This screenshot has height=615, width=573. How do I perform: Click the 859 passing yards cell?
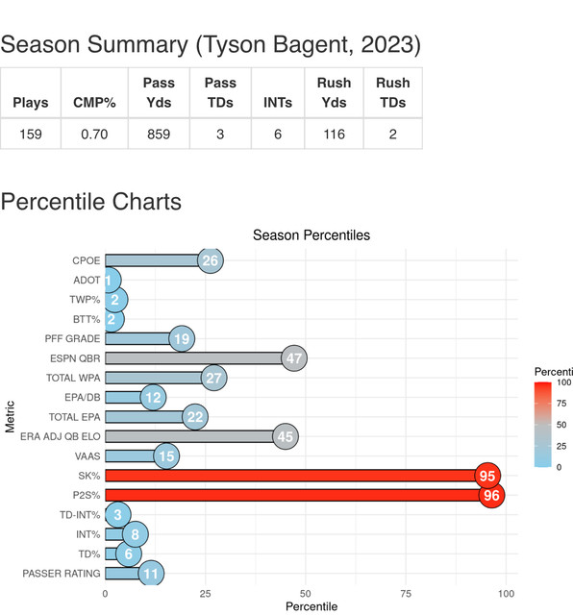click(x=159, y=135)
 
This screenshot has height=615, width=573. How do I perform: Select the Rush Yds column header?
click(x=334, y=92)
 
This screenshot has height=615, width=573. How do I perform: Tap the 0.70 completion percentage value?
click(x=94, y=135)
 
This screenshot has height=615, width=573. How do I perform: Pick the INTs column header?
click(x=278, y=103)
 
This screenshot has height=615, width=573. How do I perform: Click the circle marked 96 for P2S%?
click(x=491, y=495)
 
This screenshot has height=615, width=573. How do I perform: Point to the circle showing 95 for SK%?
click(x=487, y=476)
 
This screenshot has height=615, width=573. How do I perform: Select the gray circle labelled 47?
click(x=294, y=358)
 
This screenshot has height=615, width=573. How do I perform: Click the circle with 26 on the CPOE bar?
click(x=211, y=260)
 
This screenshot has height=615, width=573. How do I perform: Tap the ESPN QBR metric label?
click(x=75, y=358)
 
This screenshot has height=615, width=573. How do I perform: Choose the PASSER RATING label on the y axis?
click(x=62, y=574)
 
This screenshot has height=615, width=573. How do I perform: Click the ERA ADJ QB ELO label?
click(x=60, y=436)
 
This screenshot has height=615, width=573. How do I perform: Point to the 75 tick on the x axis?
click(x=406, y=594)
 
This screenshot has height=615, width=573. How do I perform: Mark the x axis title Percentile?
click(x=311, y=606)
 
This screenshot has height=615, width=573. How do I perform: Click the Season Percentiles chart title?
click(x=311, y=234)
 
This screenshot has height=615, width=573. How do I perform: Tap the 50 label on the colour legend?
click(x=561, y=425)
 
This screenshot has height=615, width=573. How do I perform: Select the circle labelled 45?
click(x=286, y=436)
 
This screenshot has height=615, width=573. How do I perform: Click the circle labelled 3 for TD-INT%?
click(x=117, y=515)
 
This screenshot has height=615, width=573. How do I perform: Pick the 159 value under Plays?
click(x=31, y=135)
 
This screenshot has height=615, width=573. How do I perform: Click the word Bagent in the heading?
click(x=310, y=44)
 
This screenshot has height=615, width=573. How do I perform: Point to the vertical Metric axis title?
click(x=10, y=416)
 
